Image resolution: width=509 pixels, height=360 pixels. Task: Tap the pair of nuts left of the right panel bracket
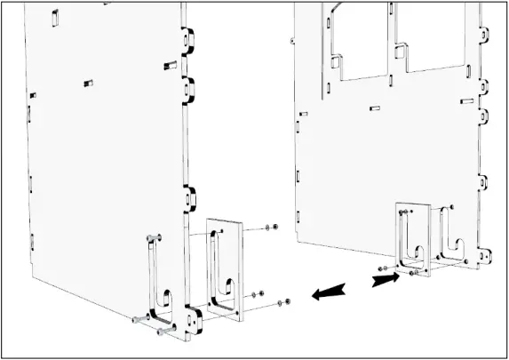[x=382, y=267]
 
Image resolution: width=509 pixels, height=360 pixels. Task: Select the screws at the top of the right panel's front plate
[x=406, y=212]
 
